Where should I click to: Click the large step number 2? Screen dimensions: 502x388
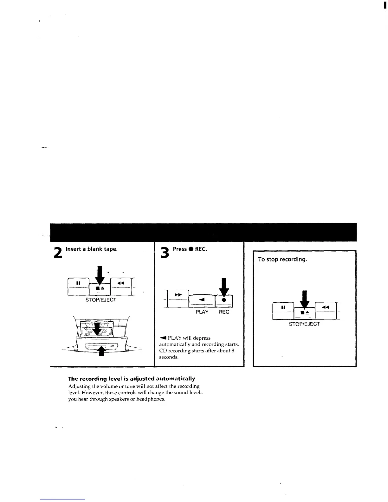click(58, 252)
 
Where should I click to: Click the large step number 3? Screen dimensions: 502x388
click(165, 253)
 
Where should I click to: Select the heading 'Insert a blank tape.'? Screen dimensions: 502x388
click(92, 249)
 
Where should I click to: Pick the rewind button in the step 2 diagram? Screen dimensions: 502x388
click(120, 283)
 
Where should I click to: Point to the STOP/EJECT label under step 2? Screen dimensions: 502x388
click(101, 300)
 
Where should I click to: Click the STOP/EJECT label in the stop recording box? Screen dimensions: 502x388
click(304, 324)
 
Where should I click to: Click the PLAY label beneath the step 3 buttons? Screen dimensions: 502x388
click(202, 312)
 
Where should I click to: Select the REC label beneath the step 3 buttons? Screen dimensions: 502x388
click(224, 312)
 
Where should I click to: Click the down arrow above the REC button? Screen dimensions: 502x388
click(224, 287)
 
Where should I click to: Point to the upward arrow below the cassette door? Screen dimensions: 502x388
click(101, 351)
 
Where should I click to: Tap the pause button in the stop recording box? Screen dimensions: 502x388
click(283, 307)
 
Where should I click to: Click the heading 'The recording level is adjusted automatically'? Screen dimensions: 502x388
click(132, 379)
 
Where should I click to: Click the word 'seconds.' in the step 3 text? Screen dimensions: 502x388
click(169, 357)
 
